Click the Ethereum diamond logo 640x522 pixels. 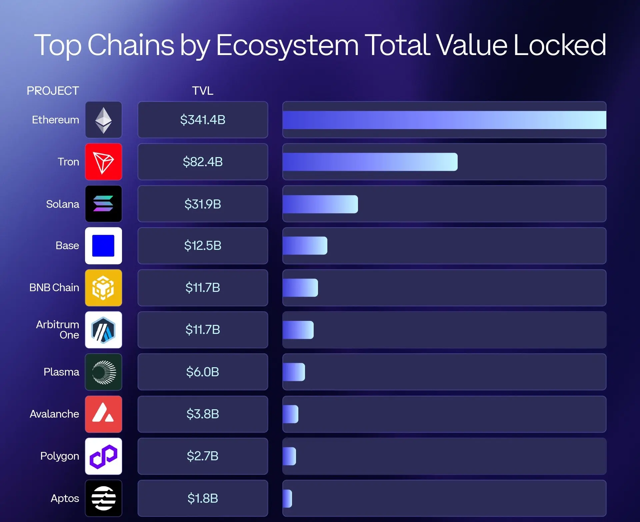103,120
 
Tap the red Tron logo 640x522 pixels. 103,162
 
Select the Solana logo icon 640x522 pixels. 103,204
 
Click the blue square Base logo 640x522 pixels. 103,246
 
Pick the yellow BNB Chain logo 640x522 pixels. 103,288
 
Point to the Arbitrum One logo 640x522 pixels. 103,330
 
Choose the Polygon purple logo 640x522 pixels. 103,456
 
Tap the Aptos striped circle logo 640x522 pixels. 103,498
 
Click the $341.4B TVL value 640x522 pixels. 203,120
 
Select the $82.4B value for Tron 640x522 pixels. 203,162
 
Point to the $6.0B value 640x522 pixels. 203,372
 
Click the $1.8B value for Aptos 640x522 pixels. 203,498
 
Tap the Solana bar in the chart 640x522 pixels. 320,204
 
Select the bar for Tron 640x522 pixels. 370,162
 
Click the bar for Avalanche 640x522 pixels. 290,414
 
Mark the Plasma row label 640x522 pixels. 61,372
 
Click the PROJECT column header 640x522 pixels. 53,91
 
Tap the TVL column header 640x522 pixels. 203,91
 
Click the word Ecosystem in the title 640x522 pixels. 287,45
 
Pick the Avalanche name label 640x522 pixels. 54,414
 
